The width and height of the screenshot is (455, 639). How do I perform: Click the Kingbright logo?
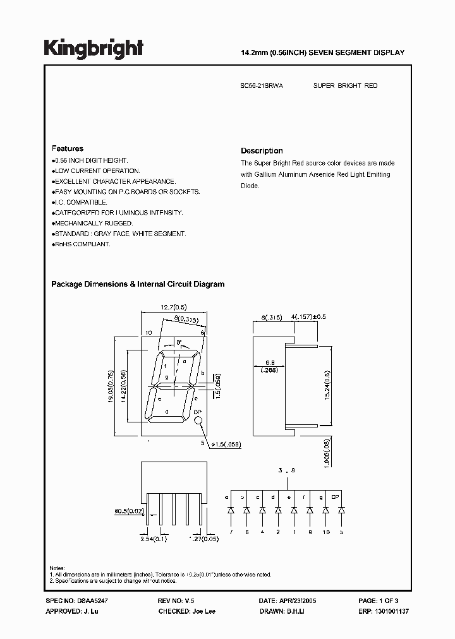pos(94,48)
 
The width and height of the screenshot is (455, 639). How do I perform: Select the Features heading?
pos(67,148)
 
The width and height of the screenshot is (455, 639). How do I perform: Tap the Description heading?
pos(262,151)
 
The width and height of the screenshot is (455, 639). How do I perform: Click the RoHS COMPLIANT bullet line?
pos(82,244)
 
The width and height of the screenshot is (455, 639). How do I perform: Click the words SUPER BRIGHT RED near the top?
pos(346,85)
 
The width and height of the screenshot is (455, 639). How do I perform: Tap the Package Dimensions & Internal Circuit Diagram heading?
pos(138,284)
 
